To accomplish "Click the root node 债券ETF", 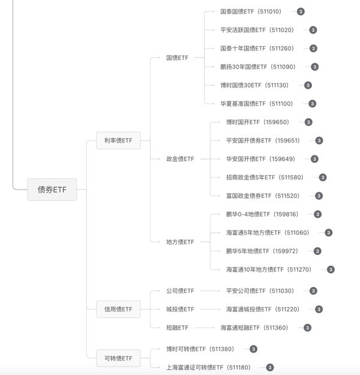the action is tap(52, 190).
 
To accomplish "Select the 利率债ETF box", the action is tap(118, 140).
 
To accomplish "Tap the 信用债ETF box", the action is tap(118, 309).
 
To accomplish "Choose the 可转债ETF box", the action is tap(118, 358).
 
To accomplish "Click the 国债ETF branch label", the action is tap(177, 58).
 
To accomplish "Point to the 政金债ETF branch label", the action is tap(180, 159).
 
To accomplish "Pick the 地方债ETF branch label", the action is tap(180, 242).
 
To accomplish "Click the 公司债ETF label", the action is tap(180, 291).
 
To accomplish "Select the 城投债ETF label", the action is tap(180, 309).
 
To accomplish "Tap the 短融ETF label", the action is tap(177, 328).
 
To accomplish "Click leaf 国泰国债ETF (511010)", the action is tap(251, 11).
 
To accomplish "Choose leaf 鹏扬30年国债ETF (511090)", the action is tap(257, 67).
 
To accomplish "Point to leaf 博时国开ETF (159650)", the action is tap(257, 122).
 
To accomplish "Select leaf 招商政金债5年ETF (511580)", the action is tap(265, 177).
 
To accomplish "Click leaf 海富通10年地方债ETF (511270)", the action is tap(269, 269).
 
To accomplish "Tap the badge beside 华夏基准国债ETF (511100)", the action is tap(312, 104).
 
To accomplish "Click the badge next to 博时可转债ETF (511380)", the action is tap(253, 349).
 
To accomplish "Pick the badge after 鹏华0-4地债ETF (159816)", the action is tap(317, 214).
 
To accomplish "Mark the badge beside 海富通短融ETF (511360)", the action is tap(307, 328).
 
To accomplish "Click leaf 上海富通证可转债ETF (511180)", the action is tap(208, 367).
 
